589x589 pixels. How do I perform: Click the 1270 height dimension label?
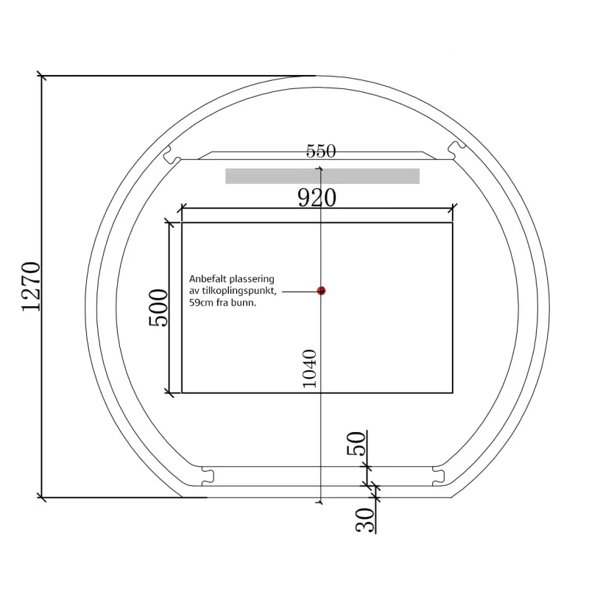[x=30, y=286]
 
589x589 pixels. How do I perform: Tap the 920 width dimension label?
[x=317, y=198]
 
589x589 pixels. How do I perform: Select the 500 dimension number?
[x=158, y=308]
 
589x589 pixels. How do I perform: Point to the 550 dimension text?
[x=321, y=151]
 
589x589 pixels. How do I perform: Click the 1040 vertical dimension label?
[x=310, y=369]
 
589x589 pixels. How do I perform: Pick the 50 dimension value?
[x=356, y=444]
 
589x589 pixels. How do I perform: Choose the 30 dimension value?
[x=365, y=520]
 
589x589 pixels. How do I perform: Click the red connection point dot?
[x=321, y=291]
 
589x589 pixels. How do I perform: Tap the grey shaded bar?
[x=322, y=176]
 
